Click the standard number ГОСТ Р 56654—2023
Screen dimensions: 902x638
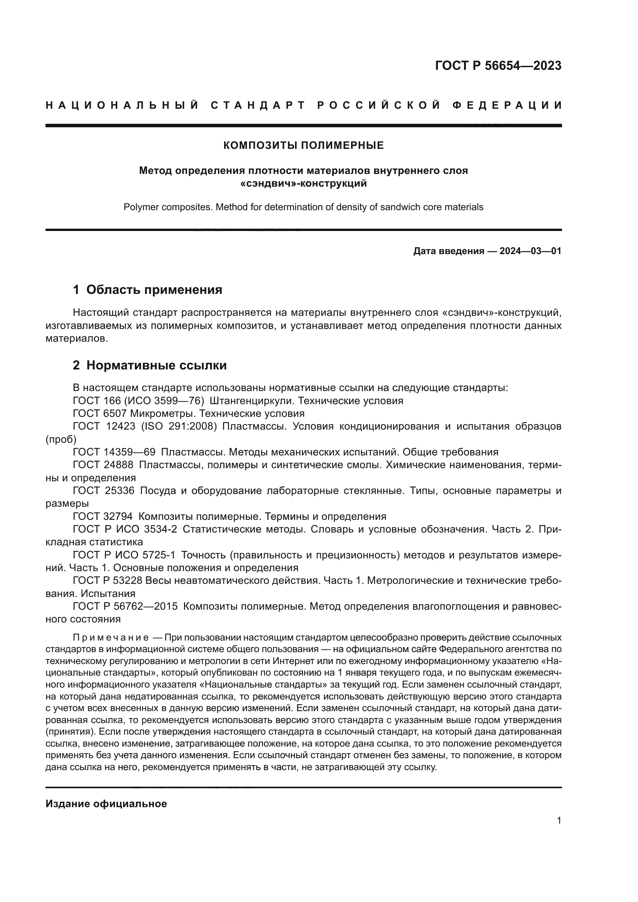pyautogui.click(x=498, y=66)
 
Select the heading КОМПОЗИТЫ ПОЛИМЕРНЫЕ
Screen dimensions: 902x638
pyautogui.click(x=303, y=146)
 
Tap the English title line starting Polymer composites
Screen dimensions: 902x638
pyautogui.click(x=303, y=207)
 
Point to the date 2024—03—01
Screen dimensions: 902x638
pyautogui.click(x=530, y=251)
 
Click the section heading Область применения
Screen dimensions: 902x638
pyautogui.click(x=154, y=290)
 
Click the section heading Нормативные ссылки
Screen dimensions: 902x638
pyautogui.click(x=156, y=365)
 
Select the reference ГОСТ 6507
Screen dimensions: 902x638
pyautogui.click(x=100, y=413)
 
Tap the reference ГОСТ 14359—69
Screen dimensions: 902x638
pyautogui.click(x=114, y=452)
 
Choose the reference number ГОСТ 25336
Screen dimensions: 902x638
pyautogui.click(x=104, y=491)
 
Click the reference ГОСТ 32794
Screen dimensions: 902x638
pyautogui.click(x=103, y=516)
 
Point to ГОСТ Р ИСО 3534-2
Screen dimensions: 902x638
pyautogui.click(x=125, y=529)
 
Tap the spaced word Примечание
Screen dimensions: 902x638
pyautogui.click(x=111, y=637)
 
